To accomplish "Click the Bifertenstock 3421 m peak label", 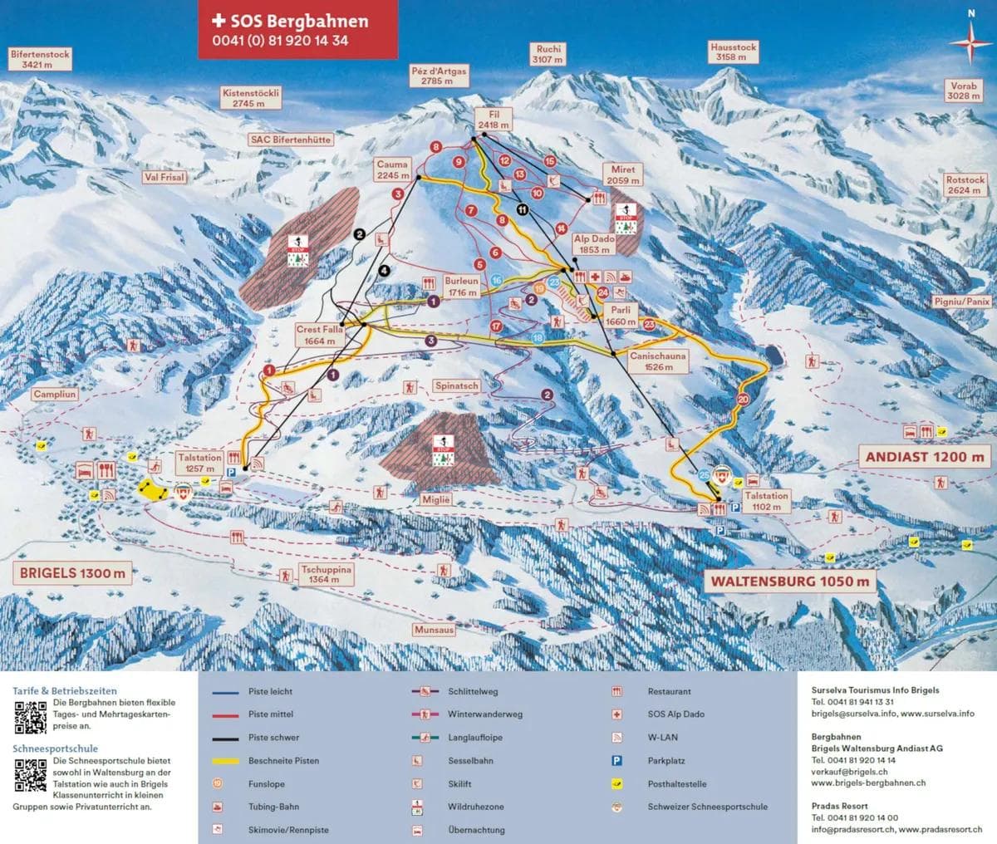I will (x=40, y=58).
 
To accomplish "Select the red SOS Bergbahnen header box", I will (x=297, y=30).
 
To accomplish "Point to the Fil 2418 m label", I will (x=493, y=120).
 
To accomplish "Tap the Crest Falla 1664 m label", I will (x=320, y=335).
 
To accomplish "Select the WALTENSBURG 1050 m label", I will (x=790, y=581).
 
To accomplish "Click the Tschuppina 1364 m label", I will (x=327, y=574).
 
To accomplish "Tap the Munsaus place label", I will (x=435, y=631).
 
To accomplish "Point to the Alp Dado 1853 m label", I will (x=592, y=243).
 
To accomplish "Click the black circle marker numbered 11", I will (x=522, y=209).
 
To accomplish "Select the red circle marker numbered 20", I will (x=743, y=400).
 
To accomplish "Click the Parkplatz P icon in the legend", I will (x=617, y=760).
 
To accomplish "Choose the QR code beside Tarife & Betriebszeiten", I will (x=30, y=718).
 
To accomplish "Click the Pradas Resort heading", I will (x=840, y=806).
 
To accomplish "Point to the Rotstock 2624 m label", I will (x=965, y=184).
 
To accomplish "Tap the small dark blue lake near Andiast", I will (x=774, y=356).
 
